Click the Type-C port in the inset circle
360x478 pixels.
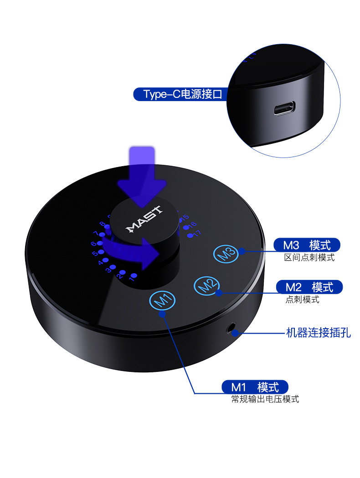(x=285, y=109)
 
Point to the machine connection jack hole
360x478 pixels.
(x=233, y=328)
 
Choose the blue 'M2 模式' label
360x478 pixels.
(x=309, y=287)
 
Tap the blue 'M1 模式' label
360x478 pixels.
(x=255, y=387)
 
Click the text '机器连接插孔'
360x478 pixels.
(x=318, y=333)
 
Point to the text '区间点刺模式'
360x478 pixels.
(x=309, y=258)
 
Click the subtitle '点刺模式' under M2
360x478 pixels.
(x=302, y=300)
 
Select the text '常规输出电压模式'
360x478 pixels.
(x=265, y=400)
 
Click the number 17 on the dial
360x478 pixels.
(x=196, y=234)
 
